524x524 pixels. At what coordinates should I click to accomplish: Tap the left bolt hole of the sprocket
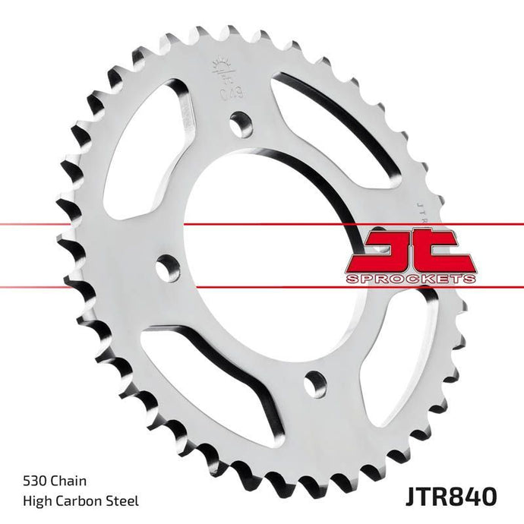[x=168, y=267]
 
